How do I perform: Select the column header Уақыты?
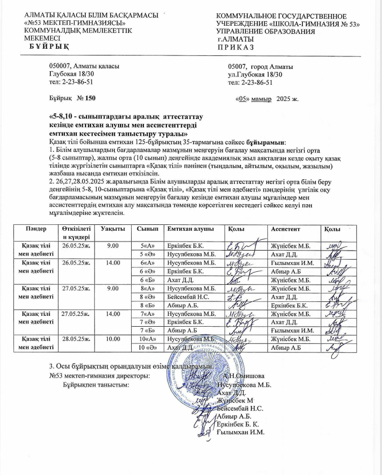click(x=112, y=229)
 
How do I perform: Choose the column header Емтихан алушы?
click(x=188, y=229)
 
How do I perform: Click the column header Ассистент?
click(x=285, y=229)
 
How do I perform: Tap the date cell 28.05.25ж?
click(x=75, y=338)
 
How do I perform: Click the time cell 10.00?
click(x=112, y=338)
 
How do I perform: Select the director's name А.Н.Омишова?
click(x=244, y=376)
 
